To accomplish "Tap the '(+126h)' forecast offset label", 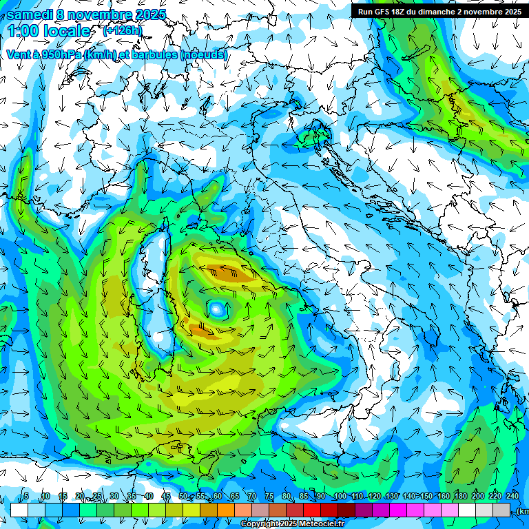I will [123, 31].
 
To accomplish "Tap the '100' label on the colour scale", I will [340, 497].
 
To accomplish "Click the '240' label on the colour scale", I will [512, 497].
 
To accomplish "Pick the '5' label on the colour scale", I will [26, 497].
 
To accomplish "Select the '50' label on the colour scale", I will [183, 497].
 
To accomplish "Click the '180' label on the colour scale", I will [460, 497].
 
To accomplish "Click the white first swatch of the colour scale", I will [19, 510].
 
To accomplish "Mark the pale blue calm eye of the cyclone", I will [218, 310].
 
